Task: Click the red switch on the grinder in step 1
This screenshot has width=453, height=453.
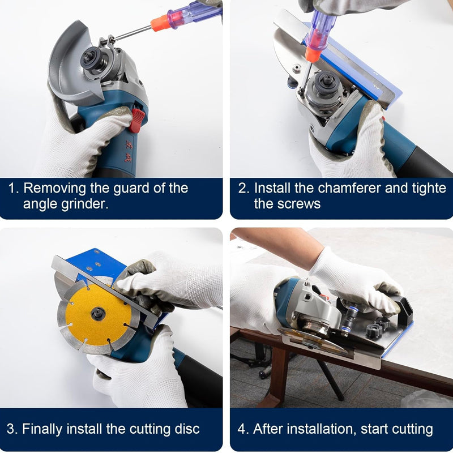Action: tap(136, 120)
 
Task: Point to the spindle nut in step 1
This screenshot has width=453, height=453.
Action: tap(90, 58)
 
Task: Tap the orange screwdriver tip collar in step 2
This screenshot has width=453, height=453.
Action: tap(311, 54)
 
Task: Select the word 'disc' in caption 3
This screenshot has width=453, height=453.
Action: tap(186, 429)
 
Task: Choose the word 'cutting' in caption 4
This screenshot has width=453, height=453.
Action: tap(409, 429)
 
